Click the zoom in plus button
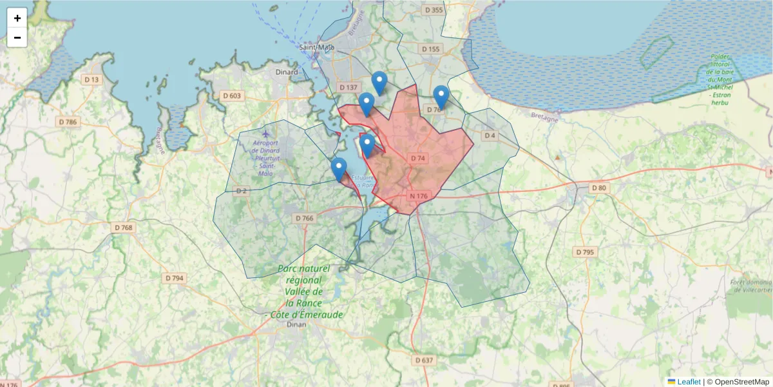17,18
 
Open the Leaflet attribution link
689,382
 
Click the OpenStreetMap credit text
741,382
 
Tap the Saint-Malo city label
317,47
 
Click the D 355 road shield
434,10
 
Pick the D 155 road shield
430,49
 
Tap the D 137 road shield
348,87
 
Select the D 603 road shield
231,96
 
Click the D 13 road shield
92,79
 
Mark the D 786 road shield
67,122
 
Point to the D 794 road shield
175,278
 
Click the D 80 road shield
599,188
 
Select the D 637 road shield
424,359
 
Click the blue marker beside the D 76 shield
441,97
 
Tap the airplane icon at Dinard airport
265,134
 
